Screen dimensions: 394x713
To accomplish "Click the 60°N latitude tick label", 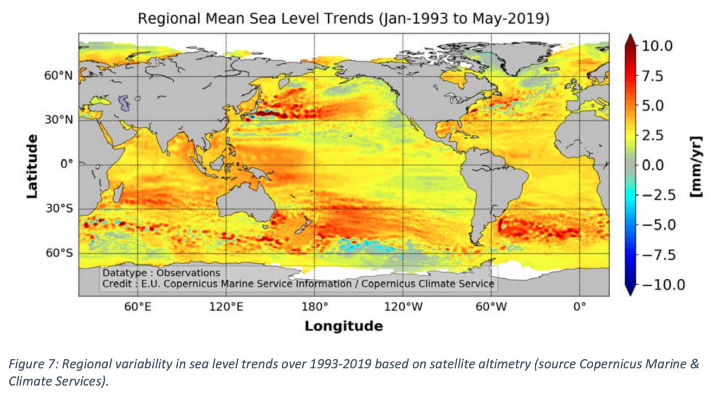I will [58, 75].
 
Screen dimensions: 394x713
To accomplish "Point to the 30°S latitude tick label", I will [59, 208].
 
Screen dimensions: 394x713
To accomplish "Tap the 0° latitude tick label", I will [66, 164].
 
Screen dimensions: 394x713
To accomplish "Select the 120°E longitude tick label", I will [226, 307].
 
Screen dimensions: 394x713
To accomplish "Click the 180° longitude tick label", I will [314, 307].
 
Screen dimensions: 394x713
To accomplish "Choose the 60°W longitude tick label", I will [491, 307].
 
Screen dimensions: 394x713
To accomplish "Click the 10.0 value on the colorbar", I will [657, 46].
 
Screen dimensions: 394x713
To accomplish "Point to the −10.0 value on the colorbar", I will [663, 284].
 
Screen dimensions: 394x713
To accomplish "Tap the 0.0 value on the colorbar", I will [653, 165].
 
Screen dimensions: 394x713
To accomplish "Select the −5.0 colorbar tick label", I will [659, 225].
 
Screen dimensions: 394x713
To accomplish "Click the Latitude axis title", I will [32, 166].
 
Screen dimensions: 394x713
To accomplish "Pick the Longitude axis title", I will [344, 326].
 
